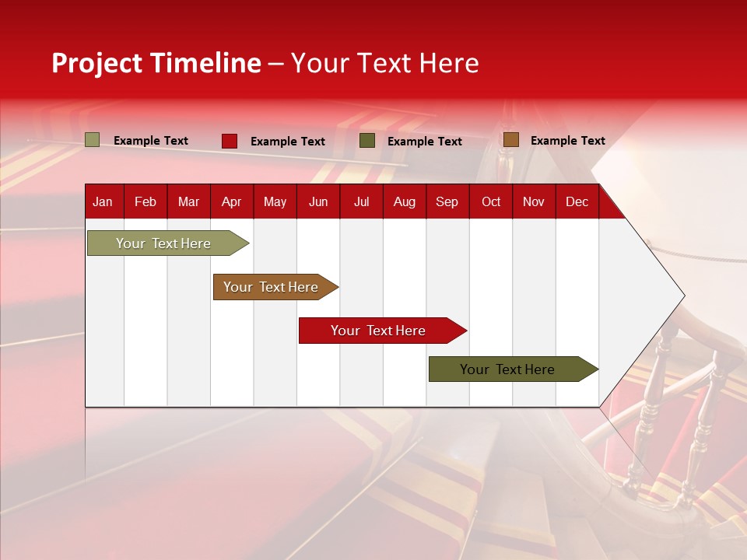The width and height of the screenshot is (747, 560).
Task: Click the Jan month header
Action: (103, 202)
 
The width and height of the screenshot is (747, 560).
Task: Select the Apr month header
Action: (231, 202)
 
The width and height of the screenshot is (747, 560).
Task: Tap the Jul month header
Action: (361, 202)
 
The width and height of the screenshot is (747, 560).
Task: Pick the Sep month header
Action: (447, 202)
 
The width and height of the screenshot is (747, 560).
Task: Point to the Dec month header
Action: (577, 202)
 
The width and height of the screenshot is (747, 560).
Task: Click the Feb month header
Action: (146, 202)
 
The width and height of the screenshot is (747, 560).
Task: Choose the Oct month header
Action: (490, 202)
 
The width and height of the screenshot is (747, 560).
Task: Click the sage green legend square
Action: (92, 140)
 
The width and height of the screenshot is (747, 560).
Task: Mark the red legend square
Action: (230, 141)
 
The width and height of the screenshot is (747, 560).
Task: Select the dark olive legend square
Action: (367, 141)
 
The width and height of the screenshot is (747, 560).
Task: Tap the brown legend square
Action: (510, 140)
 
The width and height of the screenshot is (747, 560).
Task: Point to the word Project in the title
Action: (96, 63)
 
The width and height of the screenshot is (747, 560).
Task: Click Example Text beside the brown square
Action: (567, 141)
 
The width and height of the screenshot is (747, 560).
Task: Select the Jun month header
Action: (317, 202)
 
